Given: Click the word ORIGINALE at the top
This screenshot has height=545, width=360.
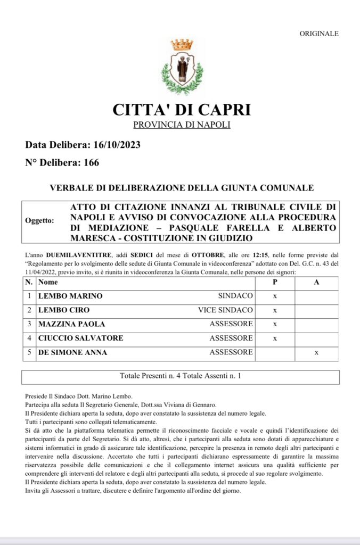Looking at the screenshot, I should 318,34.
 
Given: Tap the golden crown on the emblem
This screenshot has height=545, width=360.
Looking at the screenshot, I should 182,44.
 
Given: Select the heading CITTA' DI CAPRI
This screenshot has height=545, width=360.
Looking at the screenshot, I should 182,110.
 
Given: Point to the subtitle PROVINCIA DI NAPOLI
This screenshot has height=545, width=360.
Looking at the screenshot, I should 182,125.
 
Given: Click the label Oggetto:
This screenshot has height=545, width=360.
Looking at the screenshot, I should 39,220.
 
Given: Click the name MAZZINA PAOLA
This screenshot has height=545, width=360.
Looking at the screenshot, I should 71,324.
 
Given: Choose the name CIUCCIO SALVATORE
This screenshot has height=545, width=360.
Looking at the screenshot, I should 80,338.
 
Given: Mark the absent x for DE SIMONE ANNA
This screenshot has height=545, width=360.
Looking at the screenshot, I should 316,352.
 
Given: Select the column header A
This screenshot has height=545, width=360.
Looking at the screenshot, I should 316,282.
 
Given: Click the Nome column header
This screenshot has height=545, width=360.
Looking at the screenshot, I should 48,282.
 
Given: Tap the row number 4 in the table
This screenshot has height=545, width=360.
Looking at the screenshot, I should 30,338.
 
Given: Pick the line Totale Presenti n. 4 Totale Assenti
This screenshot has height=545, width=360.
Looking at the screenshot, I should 180,376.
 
